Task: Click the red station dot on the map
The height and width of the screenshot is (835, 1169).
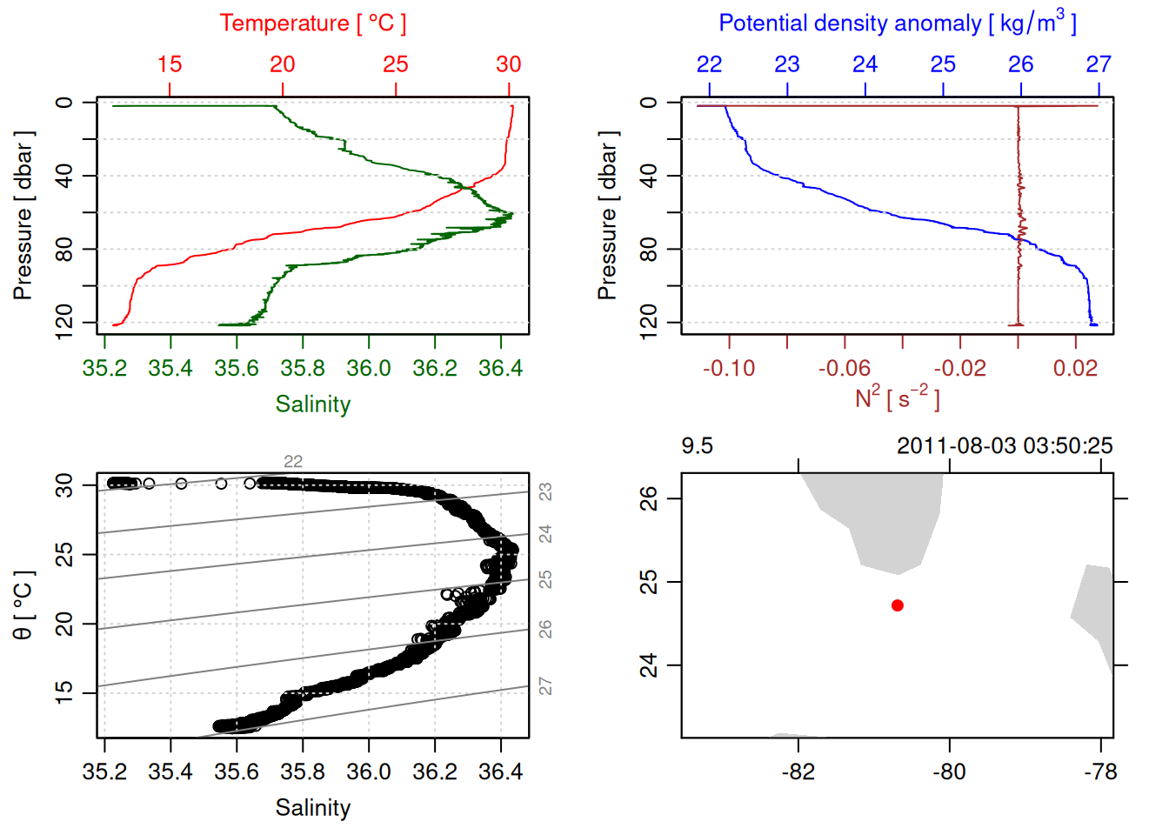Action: click(x=898, y=605)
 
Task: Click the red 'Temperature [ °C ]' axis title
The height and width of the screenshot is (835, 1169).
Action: click(x=312, y=23)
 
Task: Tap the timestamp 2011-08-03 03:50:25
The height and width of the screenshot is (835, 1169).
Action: click(x=1005, y=446)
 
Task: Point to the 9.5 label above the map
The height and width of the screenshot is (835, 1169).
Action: click(x=697, y=446)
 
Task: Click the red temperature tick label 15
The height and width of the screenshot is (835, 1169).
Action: click(x=170, y=64)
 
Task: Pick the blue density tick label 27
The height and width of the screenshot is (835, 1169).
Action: click(x=1099, y=64)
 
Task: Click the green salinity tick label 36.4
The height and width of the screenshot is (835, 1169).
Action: click(x=500, y=369)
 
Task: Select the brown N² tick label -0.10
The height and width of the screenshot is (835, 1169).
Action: click(x=729, y=369)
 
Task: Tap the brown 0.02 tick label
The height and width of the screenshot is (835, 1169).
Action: click(x=1075, y=369)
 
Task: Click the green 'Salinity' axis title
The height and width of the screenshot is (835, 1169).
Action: click(x=312, y=404)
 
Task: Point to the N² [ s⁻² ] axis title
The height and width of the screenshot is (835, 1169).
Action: click(x=897, y=398)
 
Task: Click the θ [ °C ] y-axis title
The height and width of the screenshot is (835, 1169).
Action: click(x=23, y=605)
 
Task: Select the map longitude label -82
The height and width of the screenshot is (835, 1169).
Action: click(x=798, y=772)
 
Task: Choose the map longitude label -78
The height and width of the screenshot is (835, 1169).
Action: click(x=1100, y=772)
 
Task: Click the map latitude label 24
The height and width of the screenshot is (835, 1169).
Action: click(x=649, y=665)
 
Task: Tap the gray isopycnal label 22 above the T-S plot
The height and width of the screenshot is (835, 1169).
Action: click(x=293, y=462)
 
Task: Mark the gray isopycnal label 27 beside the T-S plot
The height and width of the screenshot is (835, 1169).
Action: click(x=545, y=687)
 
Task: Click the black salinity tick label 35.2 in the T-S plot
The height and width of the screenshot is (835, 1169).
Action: click(x=104, y=772)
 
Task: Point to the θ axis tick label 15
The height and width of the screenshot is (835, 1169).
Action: click(x=64, y=692)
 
